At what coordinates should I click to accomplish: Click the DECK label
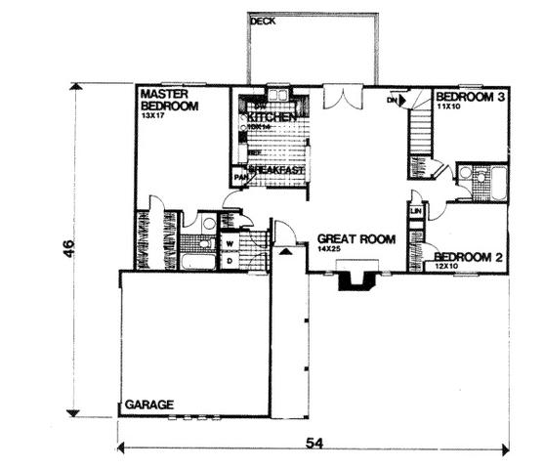coord(261,21)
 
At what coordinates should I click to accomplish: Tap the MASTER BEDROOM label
coord(169,99)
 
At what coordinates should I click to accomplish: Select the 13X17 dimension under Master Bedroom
coord(153,115)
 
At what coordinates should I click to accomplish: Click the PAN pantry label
coord(238,177)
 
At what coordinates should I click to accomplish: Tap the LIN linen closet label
coord(416,210)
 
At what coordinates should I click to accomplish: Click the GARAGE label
coord(148,404)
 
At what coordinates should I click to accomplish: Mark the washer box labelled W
coord(230,243)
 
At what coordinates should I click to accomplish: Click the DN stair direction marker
coord(393,100)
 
